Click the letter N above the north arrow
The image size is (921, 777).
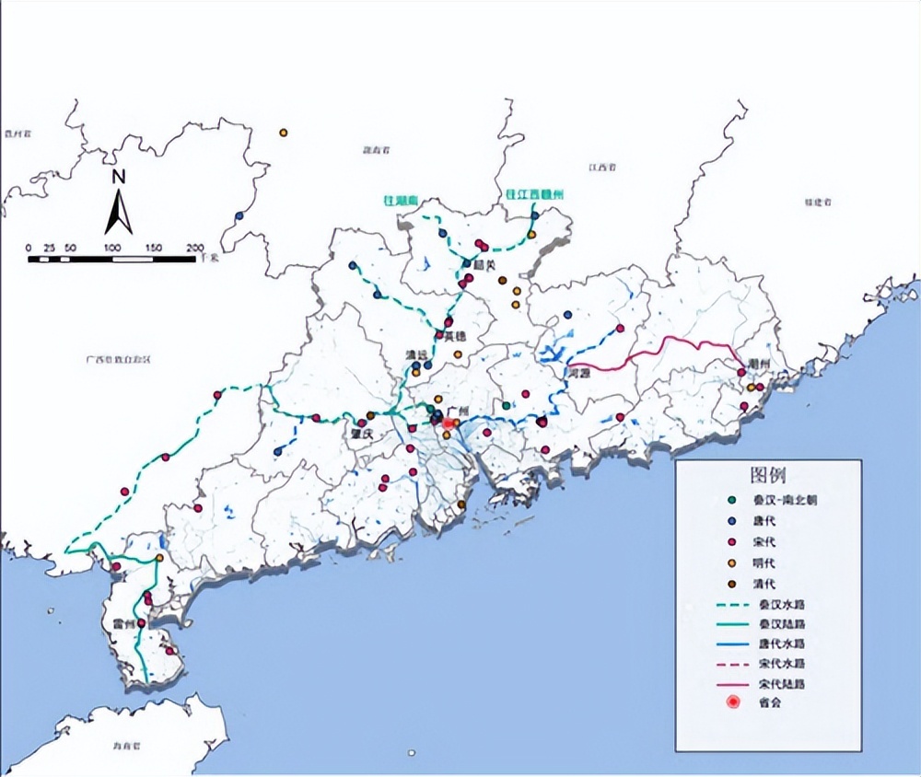(x=118, y=177)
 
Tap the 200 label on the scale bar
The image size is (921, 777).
(x=195, y=248)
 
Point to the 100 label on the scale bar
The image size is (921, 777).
(x=113, y=248)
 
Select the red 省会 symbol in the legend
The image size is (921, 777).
(x=732, y=702)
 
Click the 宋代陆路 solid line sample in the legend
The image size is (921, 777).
(x=732, y=683)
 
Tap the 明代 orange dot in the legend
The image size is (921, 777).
(x=732, y=562)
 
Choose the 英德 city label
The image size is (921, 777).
(x=455, y=336)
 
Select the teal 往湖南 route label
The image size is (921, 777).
(x=402, y=199)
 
